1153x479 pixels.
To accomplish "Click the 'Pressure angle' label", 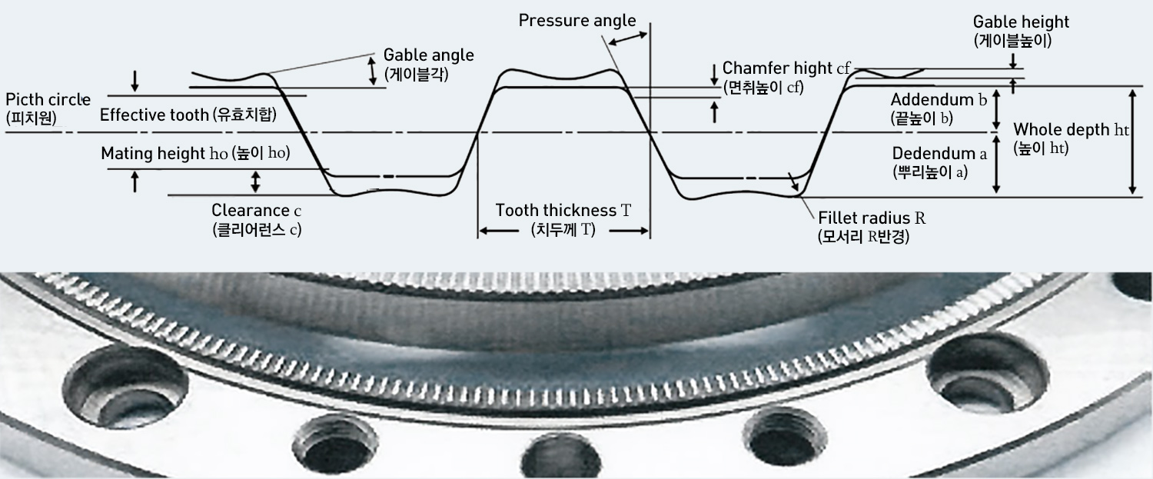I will click(576, 19).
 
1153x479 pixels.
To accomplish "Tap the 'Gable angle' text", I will click(429, 55).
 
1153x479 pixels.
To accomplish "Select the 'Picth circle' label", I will click(48, 100).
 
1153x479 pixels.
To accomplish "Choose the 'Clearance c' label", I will click(256, 209).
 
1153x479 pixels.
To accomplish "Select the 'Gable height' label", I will click(1021, 22).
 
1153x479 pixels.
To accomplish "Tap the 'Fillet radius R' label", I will click(872, 218).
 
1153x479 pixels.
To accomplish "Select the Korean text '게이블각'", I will click(416, 75).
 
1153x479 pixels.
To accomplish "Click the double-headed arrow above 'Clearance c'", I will click(256, 182).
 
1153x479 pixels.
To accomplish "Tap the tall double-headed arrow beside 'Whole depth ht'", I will click(1131, 141).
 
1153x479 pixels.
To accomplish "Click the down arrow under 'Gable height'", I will click(1014, 60).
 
